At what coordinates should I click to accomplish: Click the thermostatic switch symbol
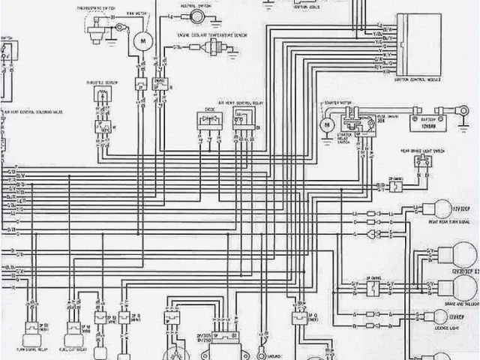pos(95,28)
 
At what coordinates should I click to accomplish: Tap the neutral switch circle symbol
pos(196,16)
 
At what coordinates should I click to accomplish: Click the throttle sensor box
pos(101,97)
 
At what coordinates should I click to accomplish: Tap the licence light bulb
pos(434,316)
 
